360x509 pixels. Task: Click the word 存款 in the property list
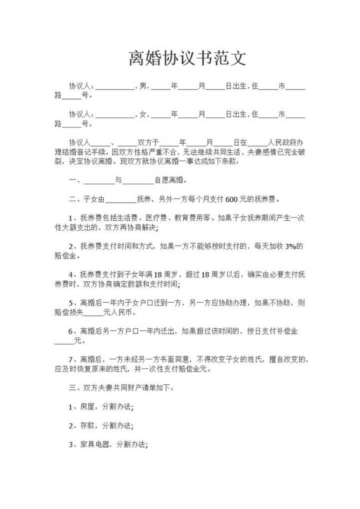(88, 424)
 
